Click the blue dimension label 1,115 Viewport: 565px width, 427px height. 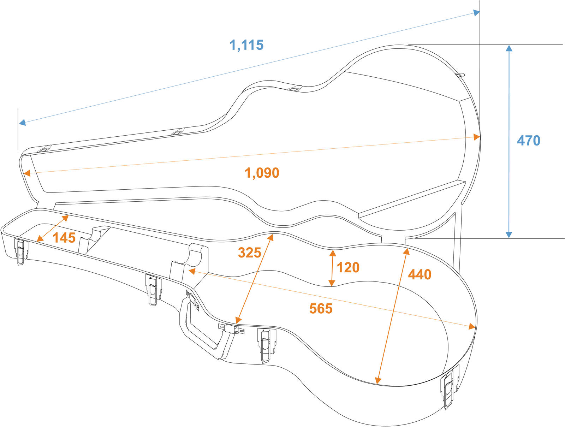tap(246, 45)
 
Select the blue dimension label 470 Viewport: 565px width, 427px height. tap(528, 141)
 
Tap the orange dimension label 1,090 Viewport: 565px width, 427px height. tap(262, 173)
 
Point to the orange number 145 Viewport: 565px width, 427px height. tap(64, 238)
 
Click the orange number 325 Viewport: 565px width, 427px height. tap(249, 253)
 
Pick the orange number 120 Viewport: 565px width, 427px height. tap(348, 267)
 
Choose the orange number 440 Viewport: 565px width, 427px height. tap(420, 274)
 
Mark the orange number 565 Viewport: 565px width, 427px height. tap(321, 309)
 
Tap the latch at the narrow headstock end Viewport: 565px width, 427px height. tap(21, 251)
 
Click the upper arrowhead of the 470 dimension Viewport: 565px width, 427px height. tap(509, 48)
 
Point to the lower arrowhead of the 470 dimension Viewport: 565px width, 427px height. tap(509, 235)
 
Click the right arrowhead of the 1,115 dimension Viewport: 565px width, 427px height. tap(476, 13)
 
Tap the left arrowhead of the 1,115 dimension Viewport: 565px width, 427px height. tap(22, 123)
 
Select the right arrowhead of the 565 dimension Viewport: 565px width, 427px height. tap(472, 326)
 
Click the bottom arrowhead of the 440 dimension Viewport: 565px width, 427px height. tap(378, 380)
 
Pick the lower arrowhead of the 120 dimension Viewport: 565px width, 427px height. tap(332, 283)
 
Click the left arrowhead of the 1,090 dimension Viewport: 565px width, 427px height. tap(27, 173)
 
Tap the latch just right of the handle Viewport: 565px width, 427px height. tap(267, 345)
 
